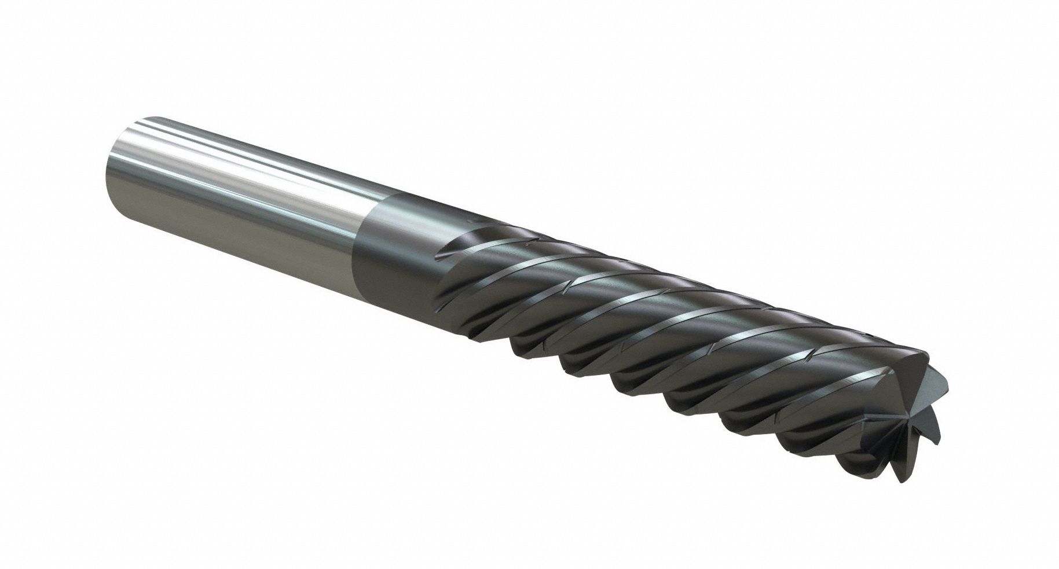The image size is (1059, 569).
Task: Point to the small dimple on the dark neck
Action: (x=475, y=221)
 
